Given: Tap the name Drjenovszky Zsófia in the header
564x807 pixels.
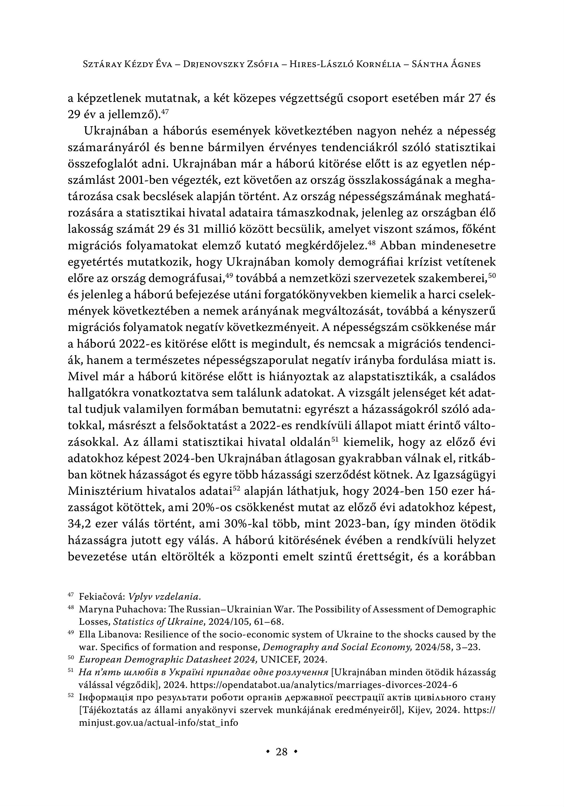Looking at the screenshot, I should [x=231, y=64].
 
